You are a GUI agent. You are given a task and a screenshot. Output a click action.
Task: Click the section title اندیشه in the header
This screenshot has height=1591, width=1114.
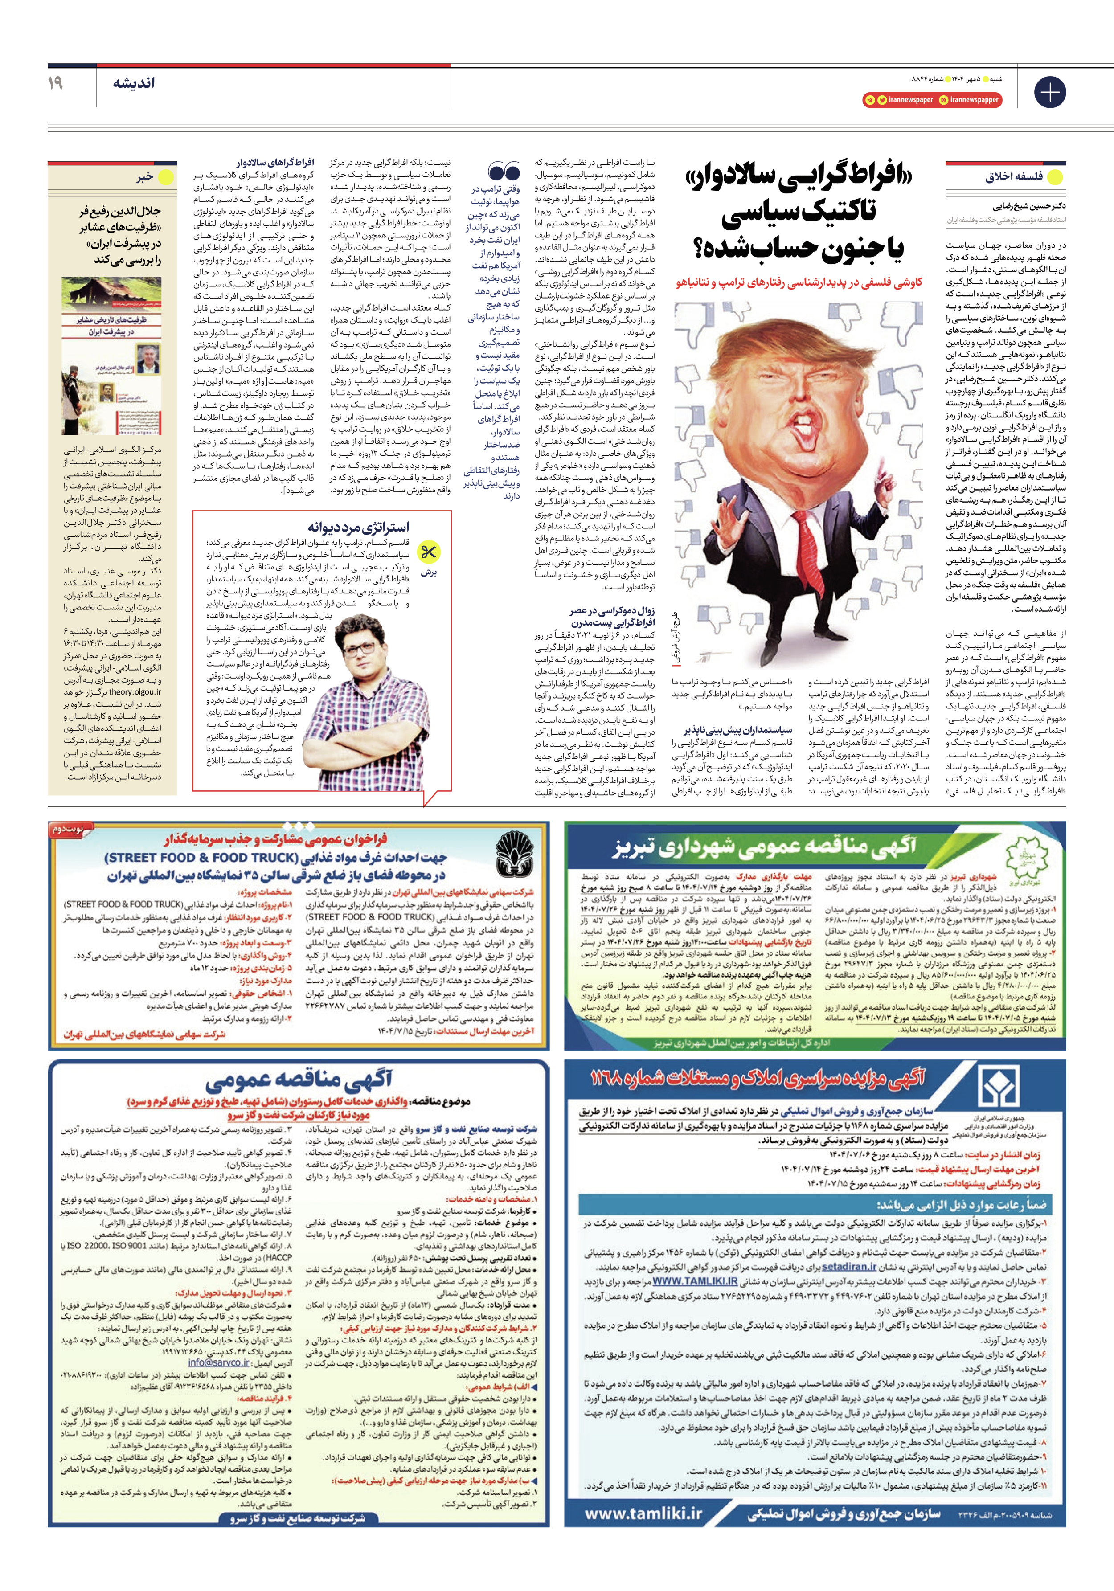click(x=134, y=83)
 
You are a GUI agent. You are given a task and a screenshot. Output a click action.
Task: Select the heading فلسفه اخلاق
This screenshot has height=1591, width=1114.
click(x=1013, y=177)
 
